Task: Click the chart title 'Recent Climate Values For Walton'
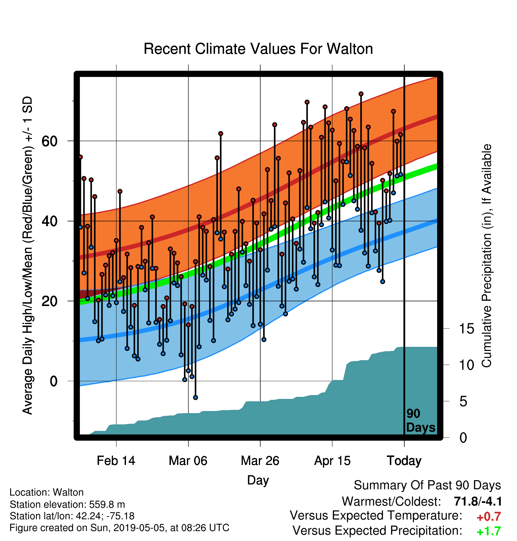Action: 258,49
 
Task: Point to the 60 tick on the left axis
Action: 49,141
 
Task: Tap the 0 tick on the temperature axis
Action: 54,381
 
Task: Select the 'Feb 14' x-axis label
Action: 116,461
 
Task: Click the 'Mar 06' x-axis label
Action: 188,461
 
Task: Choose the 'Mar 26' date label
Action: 260,461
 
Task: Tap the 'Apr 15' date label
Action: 332,461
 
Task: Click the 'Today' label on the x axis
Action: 404,461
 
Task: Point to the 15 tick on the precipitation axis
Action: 466,329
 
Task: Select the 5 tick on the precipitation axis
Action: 463,401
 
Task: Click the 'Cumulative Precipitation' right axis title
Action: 486,256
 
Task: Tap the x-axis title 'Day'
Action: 258,480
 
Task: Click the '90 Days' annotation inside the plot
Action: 421,421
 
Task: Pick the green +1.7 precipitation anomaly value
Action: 489,531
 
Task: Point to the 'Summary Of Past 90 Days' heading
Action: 427,485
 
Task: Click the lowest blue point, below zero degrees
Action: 196,397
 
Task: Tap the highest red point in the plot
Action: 361,94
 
